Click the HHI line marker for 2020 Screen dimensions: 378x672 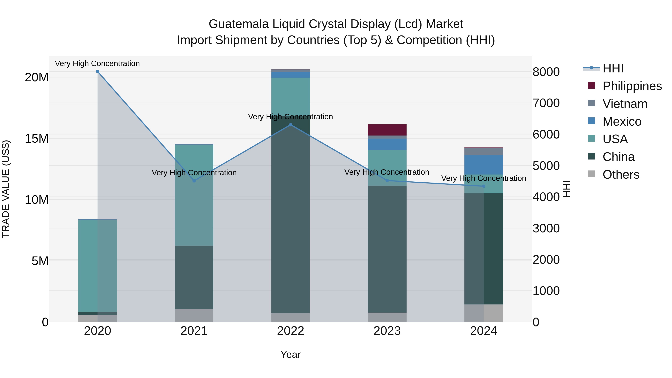pyautogui.click(x=98, y=71)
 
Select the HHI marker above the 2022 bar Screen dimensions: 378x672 pyautogui.click(x=291, y=125)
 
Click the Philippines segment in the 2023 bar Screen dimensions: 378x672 pyautogui.click(x=387, y=130)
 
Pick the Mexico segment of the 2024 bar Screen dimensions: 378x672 pyautogui.click(x=484, y=165)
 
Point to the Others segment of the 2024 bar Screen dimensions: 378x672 pyautogui.click(x=484, y=313)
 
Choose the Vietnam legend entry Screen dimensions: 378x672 pyautogui.click(x=625, y=104)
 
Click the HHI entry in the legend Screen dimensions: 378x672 pyautogui.click(x=613, y=68)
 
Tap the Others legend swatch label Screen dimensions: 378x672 pyautogui.click(x=621, y=175)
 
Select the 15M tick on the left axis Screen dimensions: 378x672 pyautogui.click(x=37, y=139)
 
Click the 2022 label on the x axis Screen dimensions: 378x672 pyautogui.click(x=291, y=331)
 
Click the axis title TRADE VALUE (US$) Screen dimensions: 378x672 pyautogui.click(x=6, y=189)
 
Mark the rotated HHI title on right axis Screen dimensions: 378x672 pyautogui.click(x=567, y=189)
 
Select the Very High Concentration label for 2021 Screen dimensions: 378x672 pyautogui.click(x=194, y=173)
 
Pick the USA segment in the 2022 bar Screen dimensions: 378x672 pyautogui.click(x=291, y=97)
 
